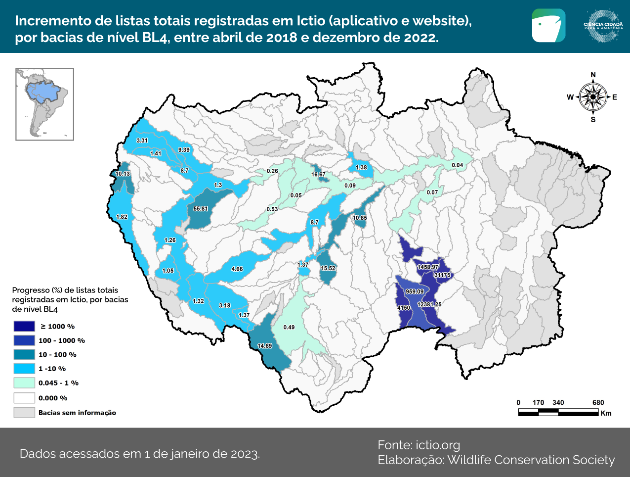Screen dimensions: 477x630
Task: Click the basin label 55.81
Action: point(201,209)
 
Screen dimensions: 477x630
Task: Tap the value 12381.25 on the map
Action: point(429,305)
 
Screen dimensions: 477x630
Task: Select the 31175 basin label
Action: point(442,275)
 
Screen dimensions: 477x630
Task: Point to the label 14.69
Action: point(265,346)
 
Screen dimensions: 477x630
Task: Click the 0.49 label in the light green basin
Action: point(289,327)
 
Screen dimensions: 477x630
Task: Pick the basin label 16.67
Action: point(318,174)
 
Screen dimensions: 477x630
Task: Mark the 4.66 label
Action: point(237,269)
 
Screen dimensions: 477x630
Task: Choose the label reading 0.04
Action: point(458,165)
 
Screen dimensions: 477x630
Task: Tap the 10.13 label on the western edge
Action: point(123,174)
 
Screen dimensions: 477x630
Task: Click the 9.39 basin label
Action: point(184,150)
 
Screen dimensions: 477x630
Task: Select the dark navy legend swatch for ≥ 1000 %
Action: point(24,327)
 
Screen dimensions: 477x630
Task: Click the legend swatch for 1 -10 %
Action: point(24,369)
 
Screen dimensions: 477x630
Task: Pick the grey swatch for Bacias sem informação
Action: point(24,413)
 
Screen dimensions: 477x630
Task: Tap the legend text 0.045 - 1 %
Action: point(58,383)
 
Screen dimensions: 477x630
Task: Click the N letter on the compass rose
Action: point(593,75)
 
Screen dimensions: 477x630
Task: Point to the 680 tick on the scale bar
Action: point(598,403)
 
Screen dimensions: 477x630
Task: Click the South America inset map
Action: point(44,104)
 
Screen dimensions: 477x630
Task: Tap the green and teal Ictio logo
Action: point(548,25)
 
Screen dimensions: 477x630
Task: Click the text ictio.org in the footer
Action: point(438,445)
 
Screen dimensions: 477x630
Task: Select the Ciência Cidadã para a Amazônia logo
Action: point(603,25)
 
